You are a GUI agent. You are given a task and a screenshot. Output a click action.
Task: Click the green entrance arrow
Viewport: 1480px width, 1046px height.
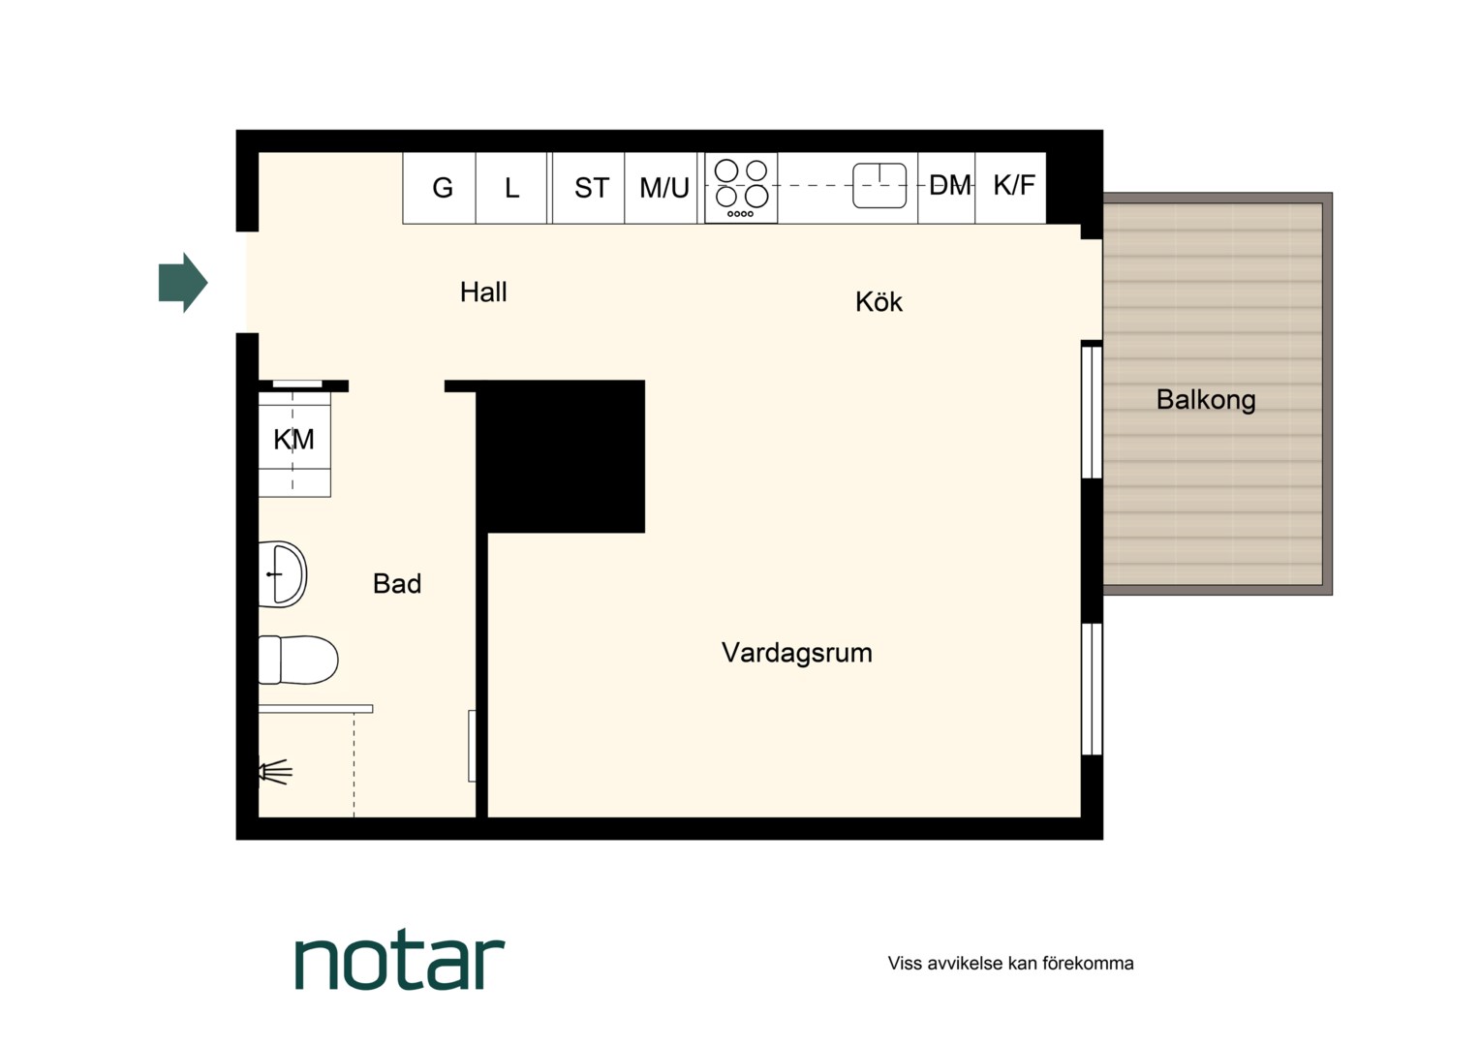pyautogui.click(x=183, y=282)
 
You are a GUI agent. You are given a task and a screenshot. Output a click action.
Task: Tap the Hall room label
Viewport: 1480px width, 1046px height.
pyautogui.click(x=483, y=292)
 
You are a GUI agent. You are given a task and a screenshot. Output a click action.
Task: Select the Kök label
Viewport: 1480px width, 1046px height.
pyautogui.click(x=879, y=302)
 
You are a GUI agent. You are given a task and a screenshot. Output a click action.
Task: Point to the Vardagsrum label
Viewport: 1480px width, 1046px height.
pyautogui.click(x=797, y=654)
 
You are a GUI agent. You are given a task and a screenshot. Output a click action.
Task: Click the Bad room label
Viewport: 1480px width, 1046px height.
pyautogui.click(x=397, y=583)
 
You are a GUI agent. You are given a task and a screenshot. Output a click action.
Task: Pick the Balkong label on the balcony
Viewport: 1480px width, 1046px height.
pyautogui.click(x=1206, y=400)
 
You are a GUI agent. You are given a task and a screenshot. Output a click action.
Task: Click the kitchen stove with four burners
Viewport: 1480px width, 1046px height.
pyautogui.click(x=741, y=188)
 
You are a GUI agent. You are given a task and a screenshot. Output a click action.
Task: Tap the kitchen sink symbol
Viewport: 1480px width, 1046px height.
pyautogui.click(x=879, y=186)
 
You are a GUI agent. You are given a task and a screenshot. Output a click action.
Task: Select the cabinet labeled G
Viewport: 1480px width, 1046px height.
pyautogui.click(x=440, y=188)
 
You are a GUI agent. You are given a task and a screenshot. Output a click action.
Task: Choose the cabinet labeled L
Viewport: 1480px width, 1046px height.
pyautogui.click(x=511, y=188)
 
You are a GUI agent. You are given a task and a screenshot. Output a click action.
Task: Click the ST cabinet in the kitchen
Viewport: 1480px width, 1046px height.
pyautogui.click(x=589, y=188)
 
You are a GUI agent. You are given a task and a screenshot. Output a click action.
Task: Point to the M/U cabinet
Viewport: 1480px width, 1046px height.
pyautogui.click(x=661, y=188)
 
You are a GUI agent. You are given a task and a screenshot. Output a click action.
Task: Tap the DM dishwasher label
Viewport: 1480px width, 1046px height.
pyautogui.click(x=950, y=186)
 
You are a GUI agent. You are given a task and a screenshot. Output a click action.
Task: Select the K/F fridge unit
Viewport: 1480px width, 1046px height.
pyautogui.click(x=1011, y=188)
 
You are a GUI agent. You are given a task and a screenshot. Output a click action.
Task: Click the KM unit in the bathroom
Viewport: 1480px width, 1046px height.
pyautogui.click(x=294, y=440)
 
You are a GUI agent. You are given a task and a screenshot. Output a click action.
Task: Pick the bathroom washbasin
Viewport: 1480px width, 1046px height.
pyautogui.click(x=283, y=574)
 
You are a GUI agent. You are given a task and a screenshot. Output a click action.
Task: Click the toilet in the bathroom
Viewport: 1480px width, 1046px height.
pyautogui.click(x=298, y=661)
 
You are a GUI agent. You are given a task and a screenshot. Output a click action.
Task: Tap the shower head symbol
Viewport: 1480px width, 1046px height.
pyautogui.click(x=275, y=772)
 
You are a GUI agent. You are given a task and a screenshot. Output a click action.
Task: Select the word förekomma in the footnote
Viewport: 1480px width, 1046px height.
pyautogui.click(x=1088, y=964)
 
